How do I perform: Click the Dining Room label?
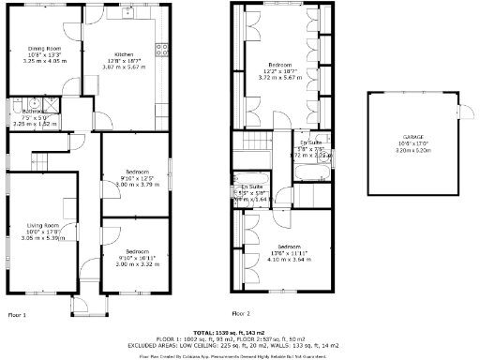(x=44, y=48)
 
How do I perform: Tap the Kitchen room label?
(x=125, y=54)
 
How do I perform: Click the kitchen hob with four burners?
(x=161, y=50)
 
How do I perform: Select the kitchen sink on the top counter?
(x=125, y=13)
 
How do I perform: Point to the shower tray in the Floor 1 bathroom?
(x=18, y=105)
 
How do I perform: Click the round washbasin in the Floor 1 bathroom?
(x=34, y=104)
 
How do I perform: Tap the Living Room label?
(x=44, y=225)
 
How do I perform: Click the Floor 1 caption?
(x=17, y=314)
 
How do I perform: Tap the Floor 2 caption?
(x=241, y=313)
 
